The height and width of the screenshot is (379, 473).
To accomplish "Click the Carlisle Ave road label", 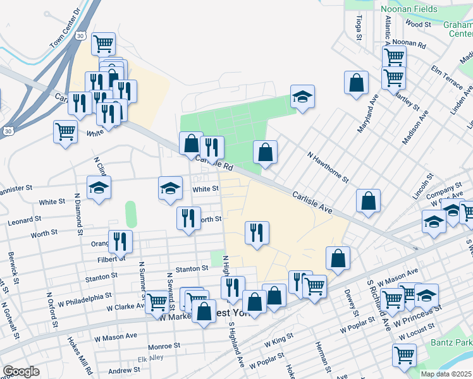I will click(312, 203).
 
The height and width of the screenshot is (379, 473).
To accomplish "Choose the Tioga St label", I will click(359, 28).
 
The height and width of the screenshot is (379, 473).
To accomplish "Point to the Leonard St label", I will click(24, 220).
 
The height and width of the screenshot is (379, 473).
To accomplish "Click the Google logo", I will click(21, 371).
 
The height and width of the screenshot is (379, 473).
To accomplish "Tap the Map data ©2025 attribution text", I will click(446, 374).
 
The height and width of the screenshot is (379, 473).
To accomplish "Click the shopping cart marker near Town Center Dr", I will click(103, 44).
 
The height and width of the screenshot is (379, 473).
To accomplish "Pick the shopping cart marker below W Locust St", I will click(404, 354).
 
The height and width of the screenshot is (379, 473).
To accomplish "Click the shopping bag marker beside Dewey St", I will click(338, 258).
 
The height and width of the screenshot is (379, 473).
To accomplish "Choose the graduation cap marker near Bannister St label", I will click(98, 188).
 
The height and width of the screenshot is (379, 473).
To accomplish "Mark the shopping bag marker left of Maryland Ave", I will click(356, 82).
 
